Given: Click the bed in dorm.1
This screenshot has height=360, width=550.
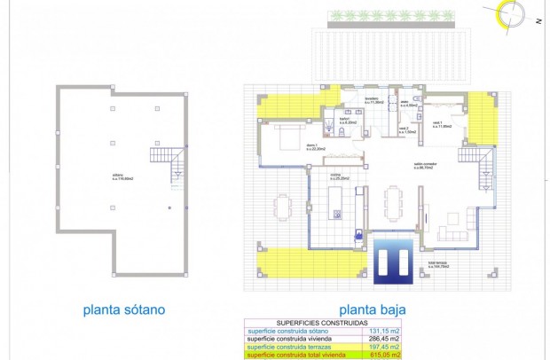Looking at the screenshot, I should (x=288, y=137).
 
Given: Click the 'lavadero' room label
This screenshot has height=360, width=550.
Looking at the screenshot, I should (x=373, y=100).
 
